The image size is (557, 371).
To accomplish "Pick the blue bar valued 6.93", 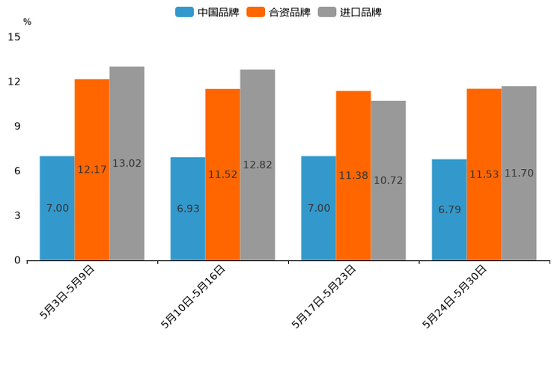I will (188, 209).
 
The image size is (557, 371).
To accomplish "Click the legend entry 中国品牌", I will (207, 12).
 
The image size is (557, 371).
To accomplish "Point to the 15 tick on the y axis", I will (15, 37).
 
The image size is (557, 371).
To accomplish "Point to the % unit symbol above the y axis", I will (27, 22).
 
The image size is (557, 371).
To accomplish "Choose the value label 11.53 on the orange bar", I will (484, 174).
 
